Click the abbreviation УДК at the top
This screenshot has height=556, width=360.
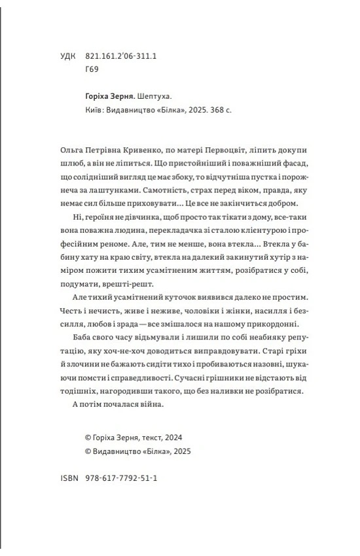click(x=67, y=57)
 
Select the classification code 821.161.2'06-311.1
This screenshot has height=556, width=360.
click(x=120, y=57)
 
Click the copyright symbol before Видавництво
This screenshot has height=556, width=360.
click(x=89, y=451)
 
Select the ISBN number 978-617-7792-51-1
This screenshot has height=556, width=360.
click(x=121, y=479)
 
